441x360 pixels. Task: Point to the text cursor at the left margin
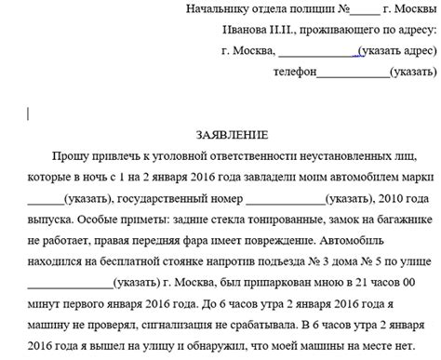(x=29, y=114)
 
